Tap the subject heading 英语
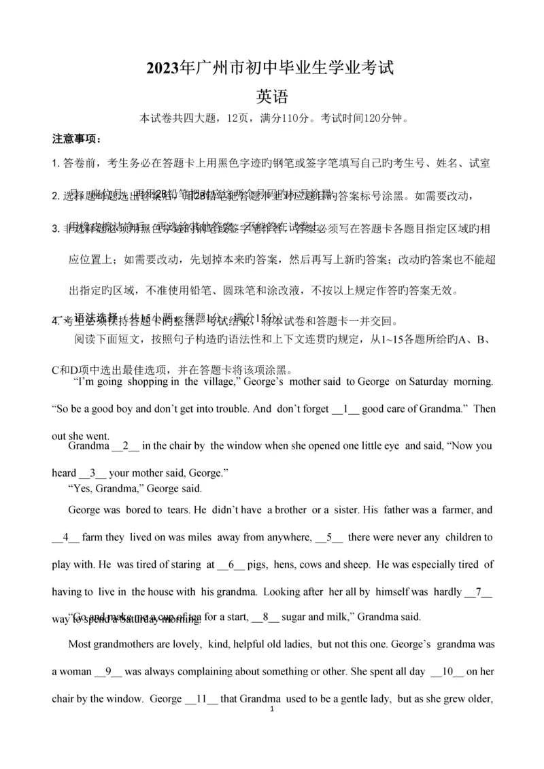pyautogui.click(x=272, y=96)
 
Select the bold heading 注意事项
pyautogui.click(x=75, y=140)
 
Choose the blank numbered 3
pyautogui.click(x=95, y=473)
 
